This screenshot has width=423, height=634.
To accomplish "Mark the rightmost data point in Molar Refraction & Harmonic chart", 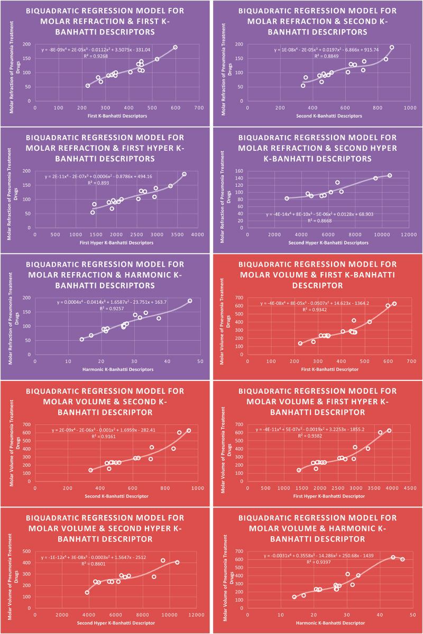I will tap(190, 301).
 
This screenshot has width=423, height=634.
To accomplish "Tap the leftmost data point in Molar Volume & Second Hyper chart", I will tap(87, 592).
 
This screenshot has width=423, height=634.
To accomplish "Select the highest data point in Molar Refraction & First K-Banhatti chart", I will tap(175, 48).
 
